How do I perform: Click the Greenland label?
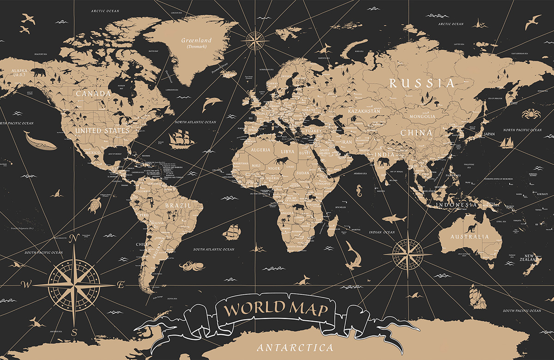(x=196, y=40)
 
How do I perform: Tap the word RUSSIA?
(x=422, y=84)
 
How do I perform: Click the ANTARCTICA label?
(x=295, y=347)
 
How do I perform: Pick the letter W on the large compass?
(x=26, y=284)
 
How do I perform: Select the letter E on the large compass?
(x=121, y=285)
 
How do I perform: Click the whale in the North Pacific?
(x=40, y=141)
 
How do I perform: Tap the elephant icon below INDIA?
(x=385, y=162)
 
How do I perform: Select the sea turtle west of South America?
(x=95, y=205)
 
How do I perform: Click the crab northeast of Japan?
(x=529, y=114)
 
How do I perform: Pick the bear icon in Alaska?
(x=38, y=72)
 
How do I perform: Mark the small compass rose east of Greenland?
(x=255, y=40)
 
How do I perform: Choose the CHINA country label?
(x=416, y=133)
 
